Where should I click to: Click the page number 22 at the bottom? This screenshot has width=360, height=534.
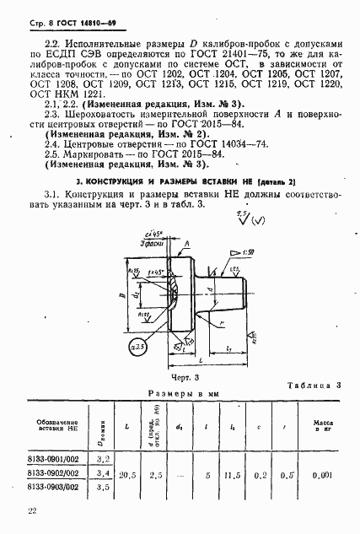31,511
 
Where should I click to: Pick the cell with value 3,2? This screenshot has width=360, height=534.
104,458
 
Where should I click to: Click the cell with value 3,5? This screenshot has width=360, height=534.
104,488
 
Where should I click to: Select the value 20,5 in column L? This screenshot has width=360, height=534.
128,474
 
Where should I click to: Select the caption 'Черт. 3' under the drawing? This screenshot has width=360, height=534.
184,379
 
